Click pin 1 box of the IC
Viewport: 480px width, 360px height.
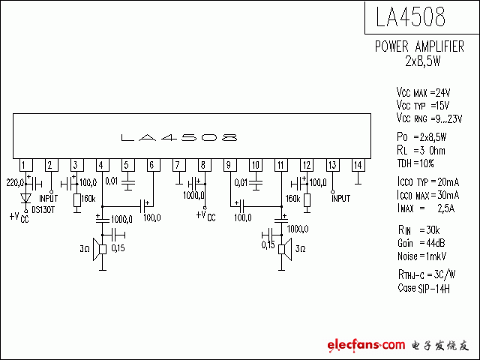(26, 165)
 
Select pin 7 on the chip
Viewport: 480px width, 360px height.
(179, 165)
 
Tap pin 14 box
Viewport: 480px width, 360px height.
(358, 165)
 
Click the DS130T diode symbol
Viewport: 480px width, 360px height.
(26, 198)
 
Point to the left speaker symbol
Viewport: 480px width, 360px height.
(100, 250)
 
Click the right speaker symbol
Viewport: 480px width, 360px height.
(285, 249)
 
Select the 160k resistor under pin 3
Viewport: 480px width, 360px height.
(77, 200)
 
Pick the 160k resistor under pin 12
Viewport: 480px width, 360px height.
(307, 200)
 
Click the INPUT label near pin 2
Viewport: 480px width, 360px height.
(49, 198)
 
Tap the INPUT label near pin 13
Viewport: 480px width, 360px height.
(341, 198)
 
